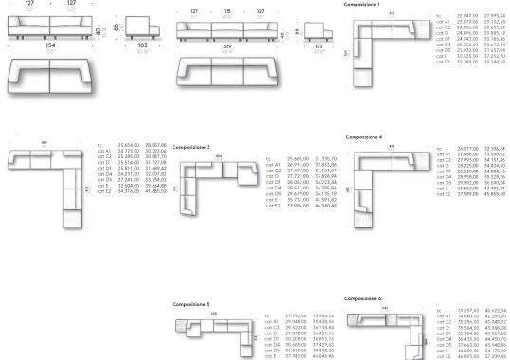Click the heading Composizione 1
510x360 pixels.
point(363,5)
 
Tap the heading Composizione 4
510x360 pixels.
point(363,137)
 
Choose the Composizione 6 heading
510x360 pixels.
point(363,297)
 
